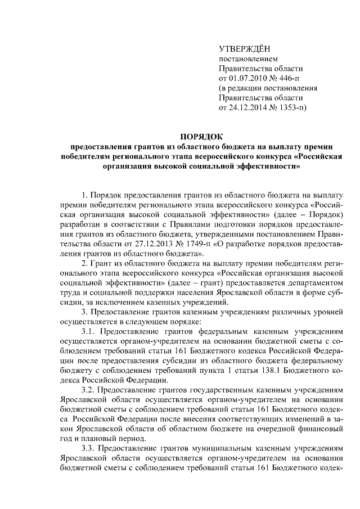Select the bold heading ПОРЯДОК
click(x=201, y=136)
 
